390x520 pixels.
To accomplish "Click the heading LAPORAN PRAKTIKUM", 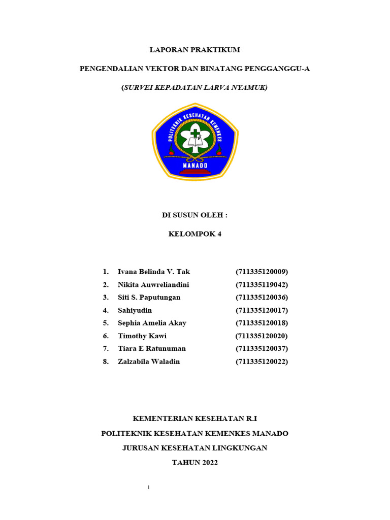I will tap(194, 50).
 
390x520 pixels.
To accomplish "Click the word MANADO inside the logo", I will tap(195, 165).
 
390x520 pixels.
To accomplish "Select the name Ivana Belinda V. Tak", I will tap(154, 272).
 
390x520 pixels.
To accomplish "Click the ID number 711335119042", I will tap(262, 284).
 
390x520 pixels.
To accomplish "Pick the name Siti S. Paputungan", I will tap(149, 297).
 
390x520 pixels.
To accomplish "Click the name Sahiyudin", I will tap(135, 310).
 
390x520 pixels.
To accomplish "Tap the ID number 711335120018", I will tap(262, 323).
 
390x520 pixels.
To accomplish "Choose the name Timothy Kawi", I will tap(142, 336).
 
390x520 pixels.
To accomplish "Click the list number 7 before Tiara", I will tap(105, 349).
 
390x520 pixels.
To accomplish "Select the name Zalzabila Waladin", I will tap(149, 362).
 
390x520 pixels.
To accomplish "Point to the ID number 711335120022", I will tap(262, 362).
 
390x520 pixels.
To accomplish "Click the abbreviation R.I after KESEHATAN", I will tap(251, 418).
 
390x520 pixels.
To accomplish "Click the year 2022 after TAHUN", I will tap(208, 463).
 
